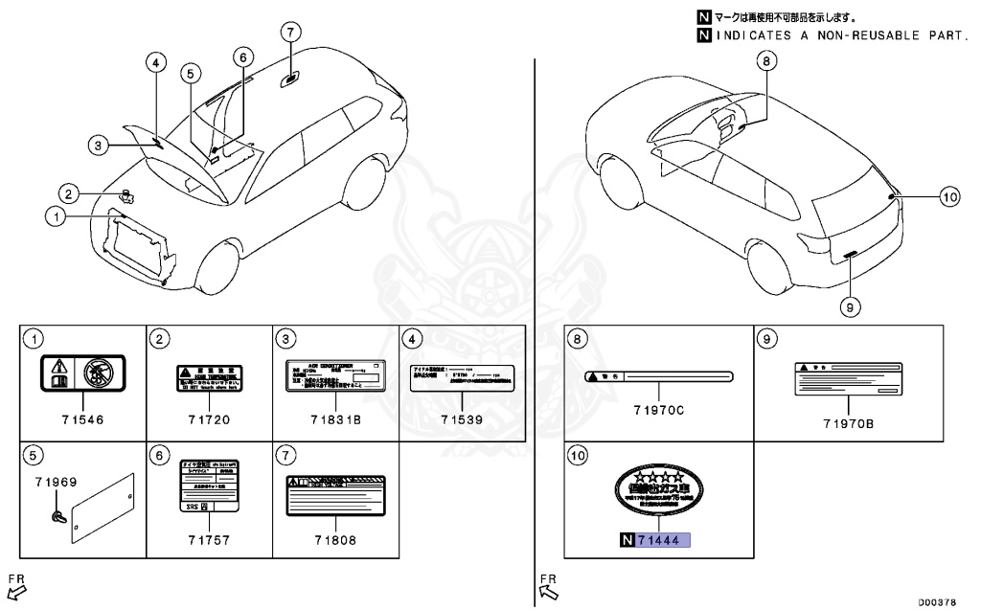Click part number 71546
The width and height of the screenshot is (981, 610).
[x=82, y=418]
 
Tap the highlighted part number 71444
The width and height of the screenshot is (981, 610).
[x=665, y=541]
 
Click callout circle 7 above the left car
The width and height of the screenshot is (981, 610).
[x=290, y=31]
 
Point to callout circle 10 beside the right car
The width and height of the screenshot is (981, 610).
[x=948, y=197]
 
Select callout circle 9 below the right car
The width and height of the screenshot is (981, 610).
[x=851, y=306]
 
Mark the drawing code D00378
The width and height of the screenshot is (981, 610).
[x=936, y=601]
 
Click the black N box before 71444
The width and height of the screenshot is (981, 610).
[x=627, y=541]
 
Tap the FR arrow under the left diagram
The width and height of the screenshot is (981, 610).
[x=16, y=584]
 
